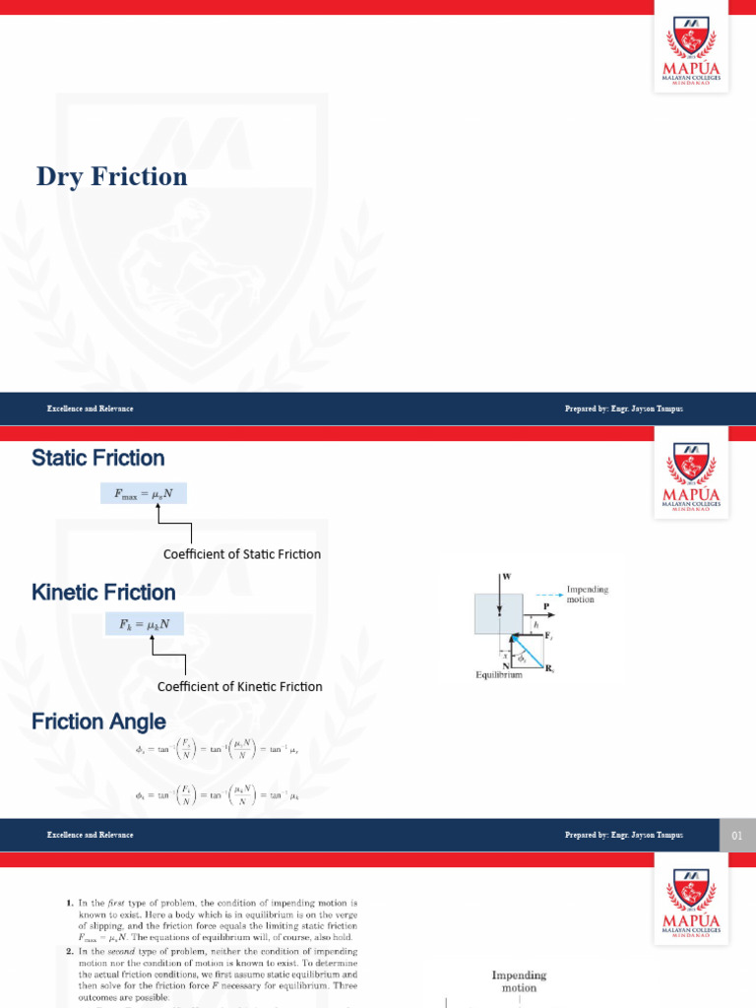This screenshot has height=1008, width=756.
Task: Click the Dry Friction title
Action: pyautogui.click(x=111, y=176)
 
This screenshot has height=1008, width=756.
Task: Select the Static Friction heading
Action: pyautogui.click(x=97, y=458)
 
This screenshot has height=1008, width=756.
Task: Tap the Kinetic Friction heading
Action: pyautogui.click(x=103, y=593)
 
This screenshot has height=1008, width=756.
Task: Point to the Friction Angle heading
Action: pyautogui.click(x=98, y=722)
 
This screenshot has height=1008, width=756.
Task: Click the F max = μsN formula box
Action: pyautogui.click(x=143, y=494)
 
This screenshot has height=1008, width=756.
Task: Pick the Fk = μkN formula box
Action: pyautogui.click(x=143, y=624)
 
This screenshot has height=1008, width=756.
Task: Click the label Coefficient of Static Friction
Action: pyautogui.click(x=242, y=554)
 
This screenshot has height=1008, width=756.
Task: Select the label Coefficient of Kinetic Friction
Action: pyautogui.click(x=240, y=686)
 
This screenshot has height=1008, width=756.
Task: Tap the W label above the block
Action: pyautogui.click(x=506, y=576)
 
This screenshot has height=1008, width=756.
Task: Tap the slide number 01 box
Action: pyautogui.click(x=736, y=836)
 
